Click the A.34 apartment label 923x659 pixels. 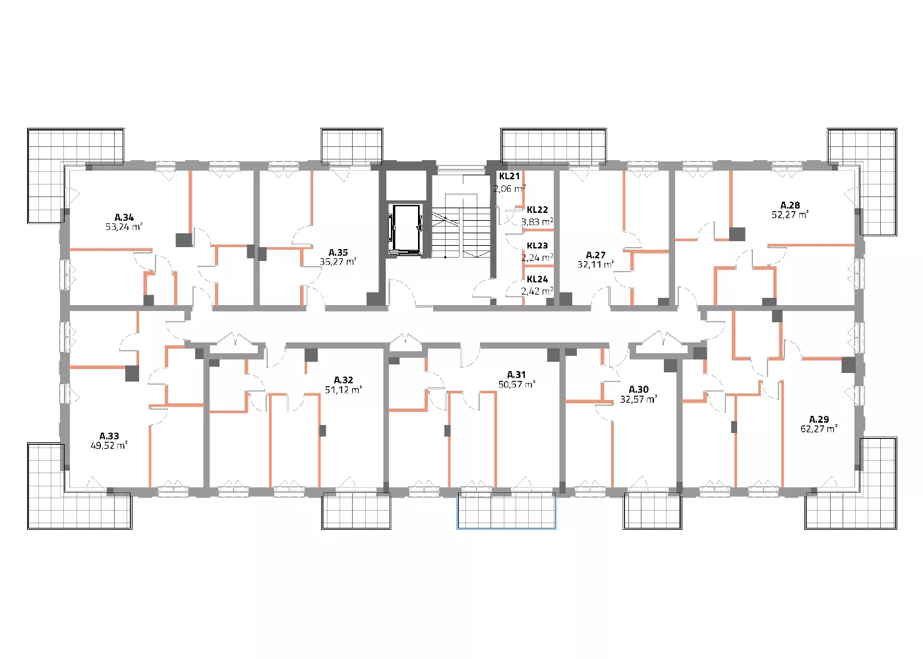tap(124, 217)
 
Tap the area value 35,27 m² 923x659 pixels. tap(338, 262)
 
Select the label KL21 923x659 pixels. tap(509, 177)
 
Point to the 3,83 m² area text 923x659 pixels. tap(537, 222)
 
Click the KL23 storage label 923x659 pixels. tap(537, 245)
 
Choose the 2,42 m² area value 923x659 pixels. tap(537, 291)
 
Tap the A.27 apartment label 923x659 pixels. tap(595, 255)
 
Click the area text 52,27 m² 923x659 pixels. tap(790, 215)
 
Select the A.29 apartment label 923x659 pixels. tap(819, 419)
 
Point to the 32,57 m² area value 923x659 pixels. tap(639, 399)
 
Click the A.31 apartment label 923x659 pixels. tap(516, 374)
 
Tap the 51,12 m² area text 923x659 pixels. tap(343, 389)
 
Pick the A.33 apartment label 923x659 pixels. tap(109, 436)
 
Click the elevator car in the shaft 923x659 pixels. tap(406, 229)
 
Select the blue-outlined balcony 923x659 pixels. tap(506, 511)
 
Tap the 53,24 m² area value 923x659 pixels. tap(124, 227)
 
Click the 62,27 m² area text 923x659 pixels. tap(819, 429)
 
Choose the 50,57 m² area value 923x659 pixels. tap(517, 384)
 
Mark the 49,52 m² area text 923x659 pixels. tap(109, 445)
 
